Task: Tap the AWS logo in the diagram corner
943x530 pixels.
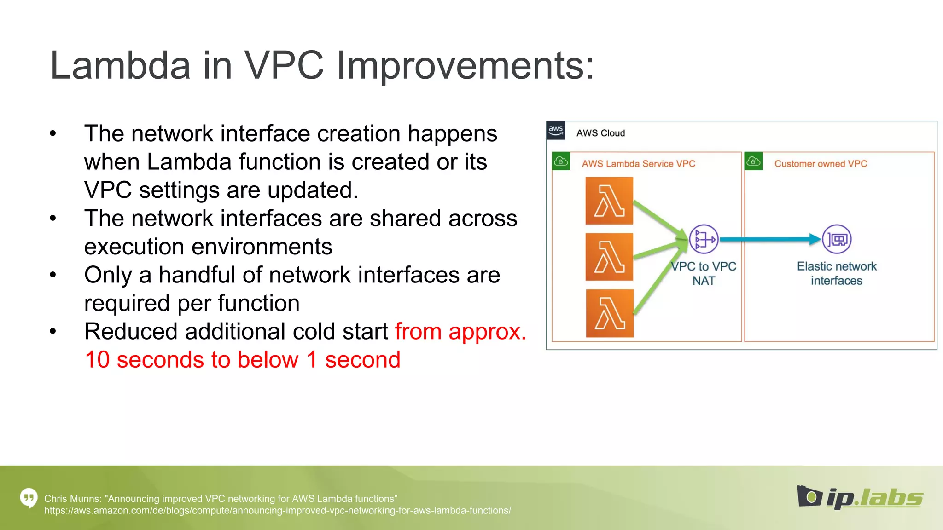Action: tap(556, 130)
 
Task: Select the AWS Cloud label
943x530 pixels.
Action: tap(600, 133)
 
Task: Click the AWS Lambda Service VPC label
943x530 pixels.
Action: tap(638, 164)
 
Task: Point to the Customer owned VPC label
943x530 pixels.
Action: tap(821, 164)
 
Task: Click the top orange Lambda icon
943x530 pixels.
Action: tap(609, 201)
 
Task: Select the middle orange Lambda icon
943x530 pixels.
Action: tap(609, 257)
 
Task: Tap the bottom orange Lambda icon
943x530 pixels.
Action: tap(610, 313)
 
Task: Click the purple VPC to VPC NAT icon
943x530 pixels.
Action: tap(704, 239)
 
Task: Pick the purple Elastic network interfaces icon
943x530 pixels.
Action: tap(837, 239)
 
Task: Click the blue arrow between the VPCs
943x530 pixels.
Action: tap(769, 239)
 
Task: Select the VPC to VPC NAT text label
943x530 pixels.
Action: tap(704, 273)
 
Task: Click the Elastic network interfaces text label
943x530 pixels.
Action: tap(837, 273)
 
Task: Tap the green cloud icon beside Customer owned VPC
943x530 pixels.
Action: tap(753, 161)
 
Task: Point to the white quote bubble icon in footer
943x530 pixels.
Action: tap(29, 498)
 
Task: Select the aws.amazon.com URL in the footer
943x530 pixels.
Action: tap(277, 511)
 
